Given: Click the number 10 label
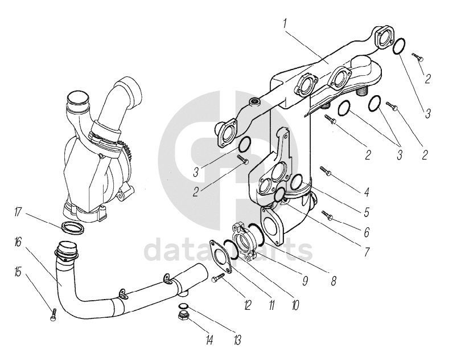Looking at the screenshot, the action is point(294,305).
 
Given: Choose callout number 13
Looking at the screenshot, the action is point(236,341).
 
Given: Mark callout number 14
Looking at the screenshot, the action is point(210,341).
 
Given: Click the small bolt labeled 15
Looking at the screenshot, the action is point(53,314).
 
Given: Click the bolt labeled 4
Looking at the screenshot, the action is point(326,170).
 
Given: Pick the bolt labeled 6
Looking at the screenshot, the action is point(328,215).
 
